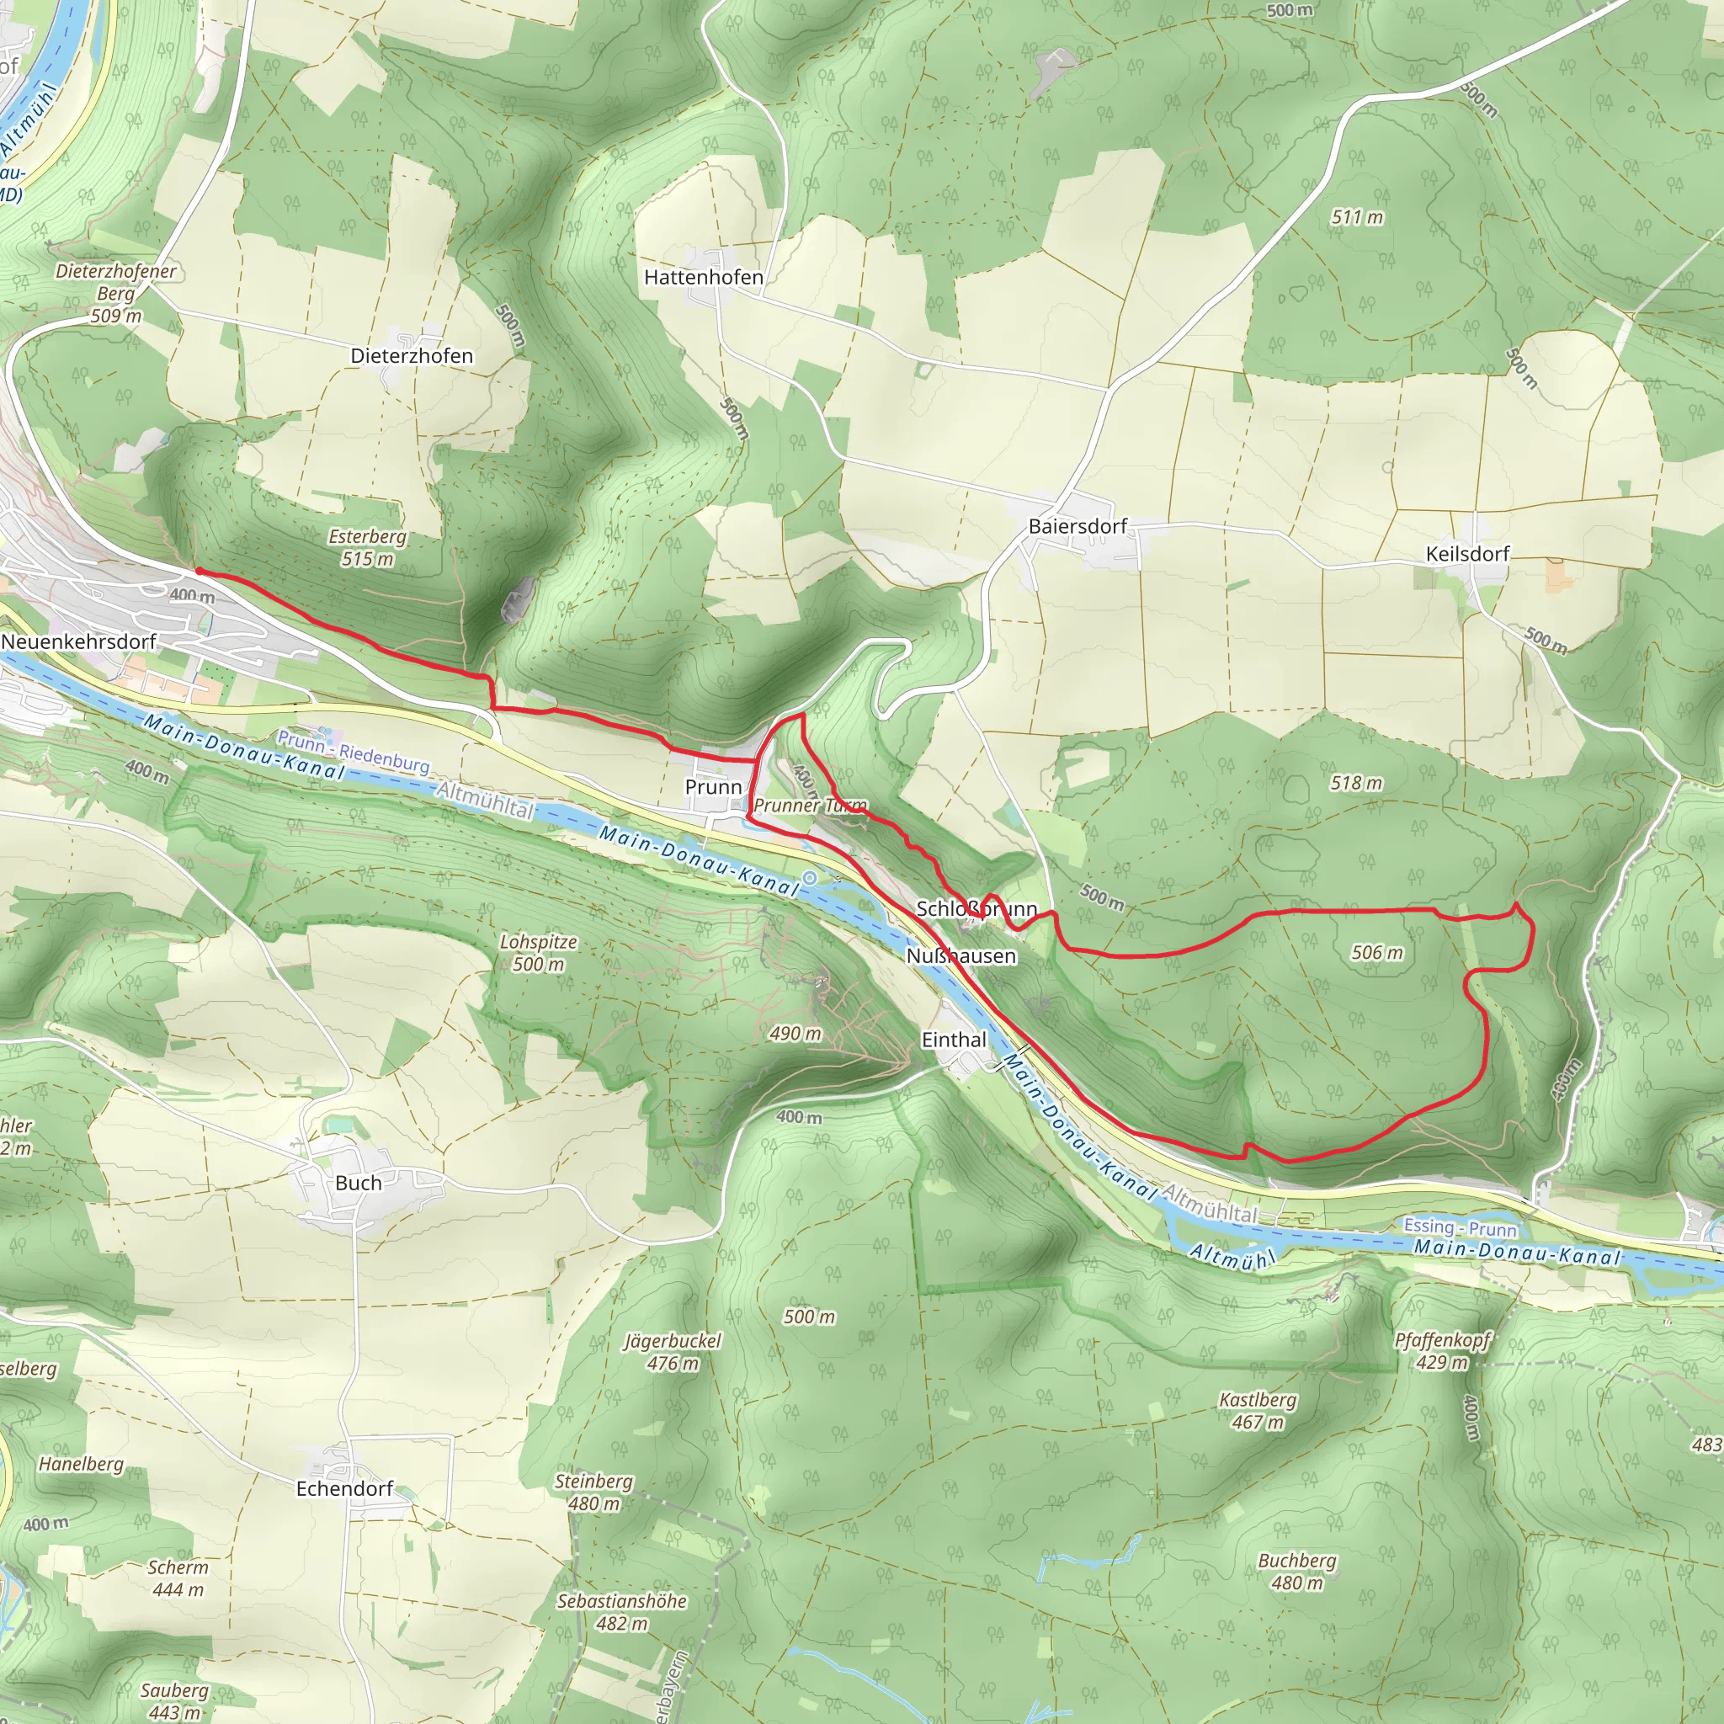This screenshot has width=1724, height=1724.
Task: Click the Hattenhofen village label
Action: click(703, 278)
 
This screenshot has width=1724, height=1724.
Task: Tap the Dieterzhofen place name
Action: click(412, 356)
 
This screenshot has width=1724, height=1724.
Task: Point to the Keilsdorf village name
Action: click(1467, 554)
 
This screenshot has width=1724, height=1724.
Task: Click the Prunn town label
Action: click(713, 787)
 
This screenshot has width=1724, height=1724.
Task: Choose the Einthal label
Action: click(954, 1040)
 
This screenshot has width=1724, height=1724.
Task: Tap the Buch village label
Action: click(358, 1184)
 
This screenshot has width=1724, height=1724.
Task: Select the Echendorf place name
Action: click(344, 1488)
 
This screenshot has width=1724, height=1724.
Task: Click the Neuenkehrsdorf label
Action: click(78, 641)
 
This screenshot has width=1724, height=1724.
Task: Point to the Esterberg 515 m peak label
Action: click(367, 548)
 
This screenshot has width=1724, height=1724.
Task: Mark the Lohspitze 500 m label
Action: click(538, 953)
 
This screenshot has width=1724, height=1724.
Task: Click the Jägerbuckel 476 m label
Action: click(673, 1352)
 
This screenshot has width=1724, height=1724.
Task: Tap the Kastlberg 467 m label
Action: click(1258, 1411)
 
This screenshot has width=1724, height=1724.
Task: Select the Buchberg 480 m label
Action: click(1296, 1572)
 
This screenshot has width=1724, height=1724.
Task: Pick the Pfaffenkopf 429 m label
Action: click(1443, 1351)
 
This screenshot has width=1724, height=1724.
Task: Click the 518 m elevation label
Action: click(1355, 784)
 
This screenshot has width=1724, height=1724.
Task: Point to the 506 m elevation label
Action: click(1377, 953)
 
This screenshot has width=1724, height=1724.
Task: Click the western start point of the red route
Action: click(198, 571)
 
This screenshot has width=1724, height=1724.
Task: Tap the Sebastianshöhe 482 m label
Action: click(622, 1611)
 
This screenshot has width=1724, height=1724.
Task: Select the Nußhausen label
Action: click(961, 956)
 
